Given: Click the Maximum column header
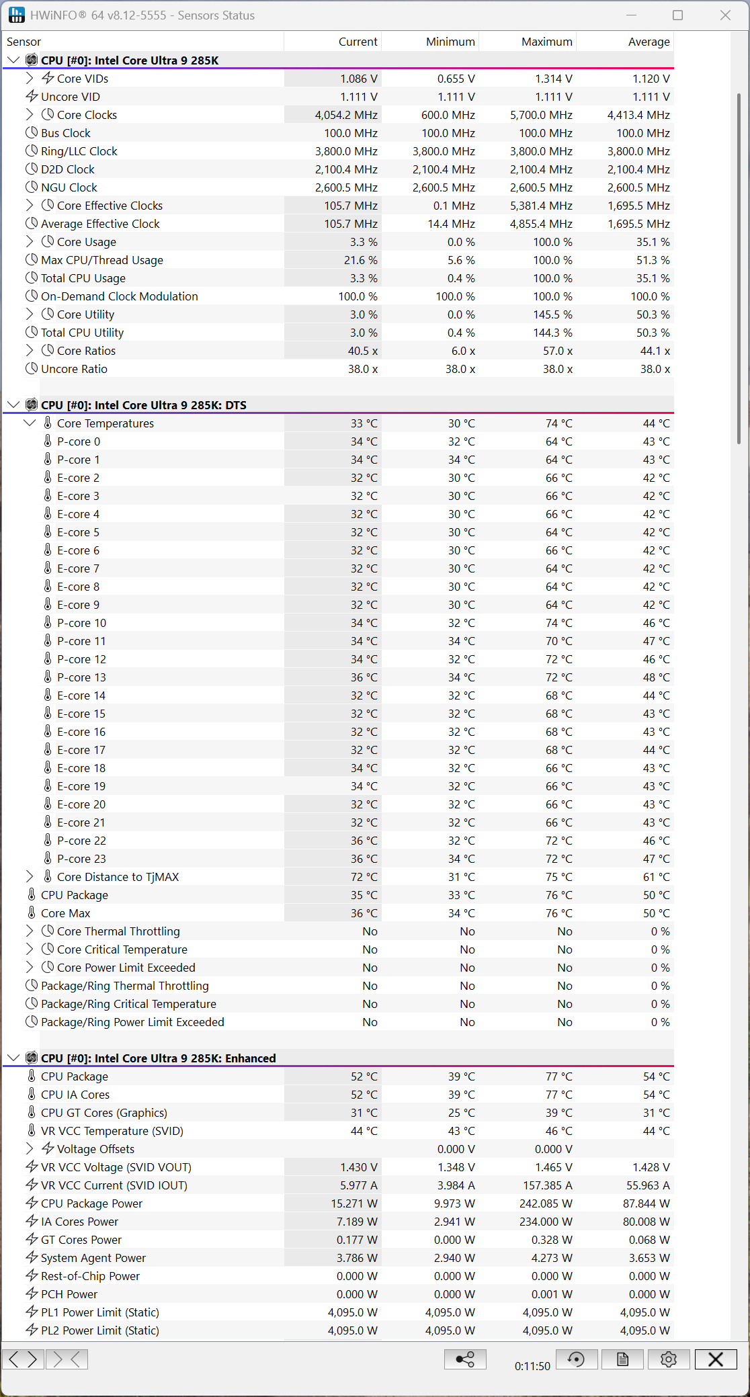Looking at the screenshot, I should tap(546, 42).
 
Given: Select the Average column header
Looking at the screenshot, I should tap(649, 42).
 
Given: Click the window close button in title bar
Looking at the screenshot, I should tap(725, 15).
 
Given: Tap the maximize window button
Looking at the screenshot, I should tap(677, 15).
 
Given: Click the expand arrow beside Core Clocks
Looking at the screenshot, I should tap(30, 115).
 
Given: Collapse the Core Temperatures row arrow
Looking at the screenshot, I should tap(30, 423).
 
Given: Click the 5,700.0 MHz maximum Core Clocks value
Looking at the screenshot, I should tap(541, 115).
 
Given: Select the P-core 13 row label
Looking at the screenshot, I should tap(81, 677).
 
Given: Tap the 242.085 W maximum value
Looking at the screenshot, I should tap(546, 1203).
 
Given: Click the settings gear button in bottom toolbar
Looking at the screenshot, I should tap(668, 1359).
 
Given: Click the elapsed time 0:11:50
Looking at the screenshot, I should tap(532, 1366).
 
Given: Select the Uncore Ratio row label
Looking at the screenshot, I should tap(74, 369).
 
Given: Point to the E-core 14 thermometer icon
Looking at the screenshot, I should tap(48, 695).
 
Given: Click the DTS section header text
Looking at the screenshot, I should tap(144, 405).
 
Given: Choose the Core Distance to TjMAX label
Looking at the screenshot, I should tap(118, 877).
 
